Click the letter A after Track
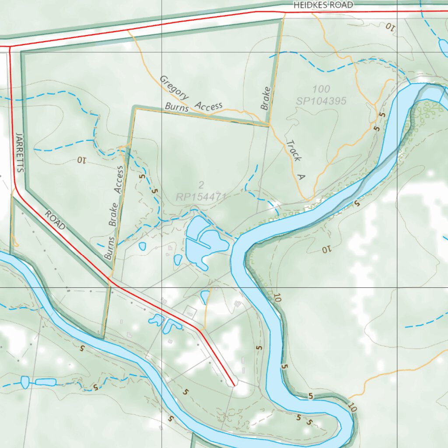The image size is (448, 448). [301, 177]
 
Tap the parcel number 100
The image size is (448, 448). [321, 90]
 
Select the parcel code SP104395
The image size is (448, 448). [321, 101]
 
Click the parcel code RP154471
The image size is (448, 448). [201, 197]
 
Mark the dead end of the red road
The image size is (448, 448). [234, 385]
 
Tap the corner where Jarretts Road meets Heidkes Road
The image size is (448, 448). [10, 46]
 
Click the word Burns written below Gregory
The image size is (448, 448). [176, 107]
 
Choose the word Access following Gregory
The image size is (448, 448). [209, 105]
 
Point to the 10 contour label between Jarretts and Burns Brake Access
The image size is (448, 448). [82, 160]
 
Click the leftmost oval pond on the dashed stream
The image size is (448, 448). [25, 382]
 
